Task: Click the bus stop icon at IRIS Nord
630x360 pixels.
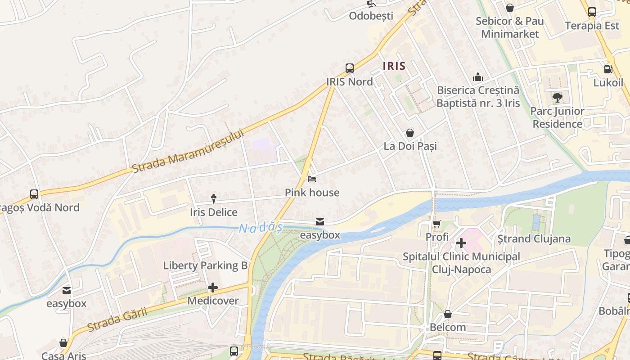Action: [x=350, y=68]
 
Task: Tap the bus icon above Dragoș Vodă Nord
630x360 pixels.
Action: [x=34, y=194]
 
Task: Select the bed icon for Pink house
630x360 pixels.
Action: [x=312, y=179]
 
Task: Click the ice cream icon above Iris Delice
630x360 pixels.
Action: [x=213, y=198]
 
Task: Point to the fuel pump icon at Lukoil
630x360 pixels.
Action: [x=608, y=69]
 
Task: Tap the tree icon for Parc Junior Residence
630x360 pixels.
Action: [x=557, y=97]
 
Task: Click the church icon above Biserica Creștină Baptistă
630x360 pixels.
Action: [x=477, y=77]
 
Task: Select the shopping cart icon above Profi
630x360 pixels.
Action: [x=436, y=224]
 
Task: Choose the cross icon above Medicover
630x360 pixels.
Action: [x=213, y=288]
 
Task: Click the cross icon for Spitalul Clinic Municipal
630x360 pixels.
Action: [x=461, y=243]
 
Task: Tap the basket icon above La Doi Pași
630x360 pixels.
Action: [x=410, y=133]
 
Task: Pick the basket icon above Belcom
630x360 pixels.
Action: [x=447, y=314]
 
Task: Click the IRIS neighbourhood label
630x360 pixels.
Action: [x=394, y=66]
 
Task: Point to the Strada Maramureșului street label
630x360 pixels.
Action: [x=188, y=151]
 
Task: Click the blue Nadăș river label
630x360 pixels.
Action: [x=261, y=228]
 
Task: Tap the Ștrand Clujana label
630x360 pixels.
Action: [x=534, y=238]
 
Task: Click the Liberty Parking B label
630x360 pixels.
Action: [x=205, y=265]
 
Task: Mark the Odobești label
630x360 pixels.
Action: [x=371, y=16]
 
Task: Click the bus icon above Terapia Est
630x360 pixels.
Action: [x=592, y=12]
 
